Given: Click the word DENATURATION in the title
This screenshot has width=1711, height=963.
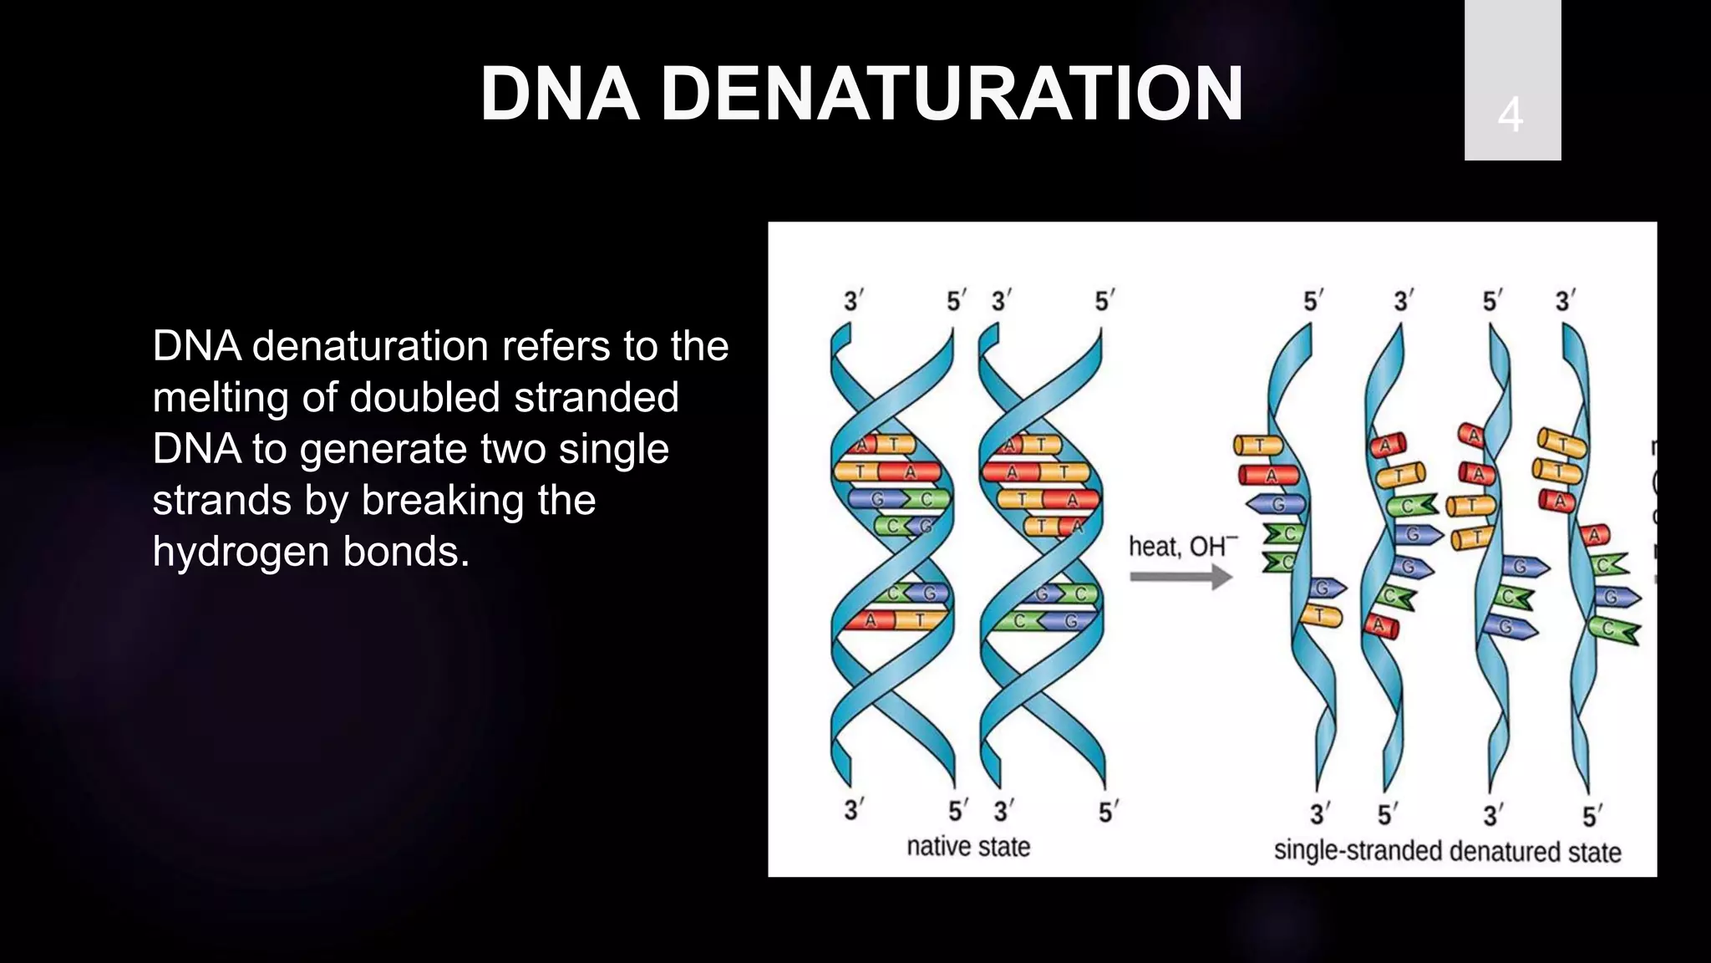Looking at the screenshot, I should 952,94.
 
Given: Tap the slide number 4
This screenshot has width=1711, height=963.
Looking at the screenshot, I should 1510,115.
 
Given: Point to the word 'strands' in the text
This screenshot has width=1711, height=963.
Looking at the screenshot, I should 221,501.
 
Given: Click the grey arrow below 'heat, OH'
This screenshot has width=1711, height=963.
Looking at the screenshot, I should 1180,577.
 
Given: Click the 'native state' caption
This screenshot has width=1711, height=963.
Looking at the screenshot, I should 968,847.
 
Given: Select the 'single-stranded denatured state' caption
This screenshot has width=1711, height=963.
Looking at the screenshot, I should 1447,851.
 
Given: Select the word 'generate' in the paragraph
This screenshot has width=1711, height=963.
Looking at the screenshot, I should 395,450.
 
